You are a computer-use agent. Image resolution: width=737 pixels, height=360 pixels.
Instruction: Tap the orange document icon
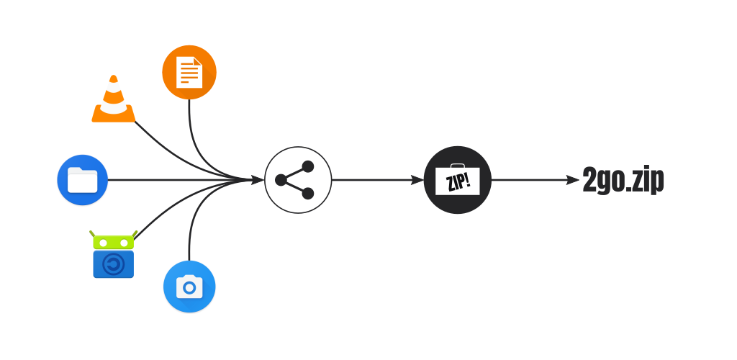coord(189,72)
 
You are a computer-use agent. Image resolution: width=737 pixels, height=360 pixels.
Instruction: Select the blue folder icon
coord(82,180)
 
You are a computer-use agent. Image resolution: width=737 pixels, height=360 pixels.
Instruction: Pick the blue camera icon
coord(189,287)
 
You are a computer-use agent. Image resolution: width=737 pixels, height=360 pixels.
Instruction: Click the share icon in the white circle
coord(298,180)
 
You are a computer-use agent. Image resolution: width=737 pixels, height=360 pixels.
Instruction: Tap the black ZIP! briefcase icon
coord(458,180)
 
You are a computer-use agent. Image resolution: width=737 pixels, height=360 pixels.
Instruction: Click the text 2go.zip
coord(623,181)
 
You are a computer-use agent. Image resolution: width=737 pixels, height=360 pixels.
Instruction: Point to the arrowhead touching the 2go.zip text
coord(574,180)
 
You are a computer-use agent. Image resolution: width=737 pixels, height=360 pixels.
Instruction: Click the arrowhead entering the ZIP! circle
coord(417,180)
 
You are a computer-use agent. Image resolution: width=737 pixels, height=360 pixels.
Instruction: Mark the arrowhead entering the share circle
coord(257,180)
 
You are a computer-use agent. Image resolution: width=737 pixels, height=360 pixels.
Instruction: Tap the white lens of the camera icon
coord(189,288)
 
